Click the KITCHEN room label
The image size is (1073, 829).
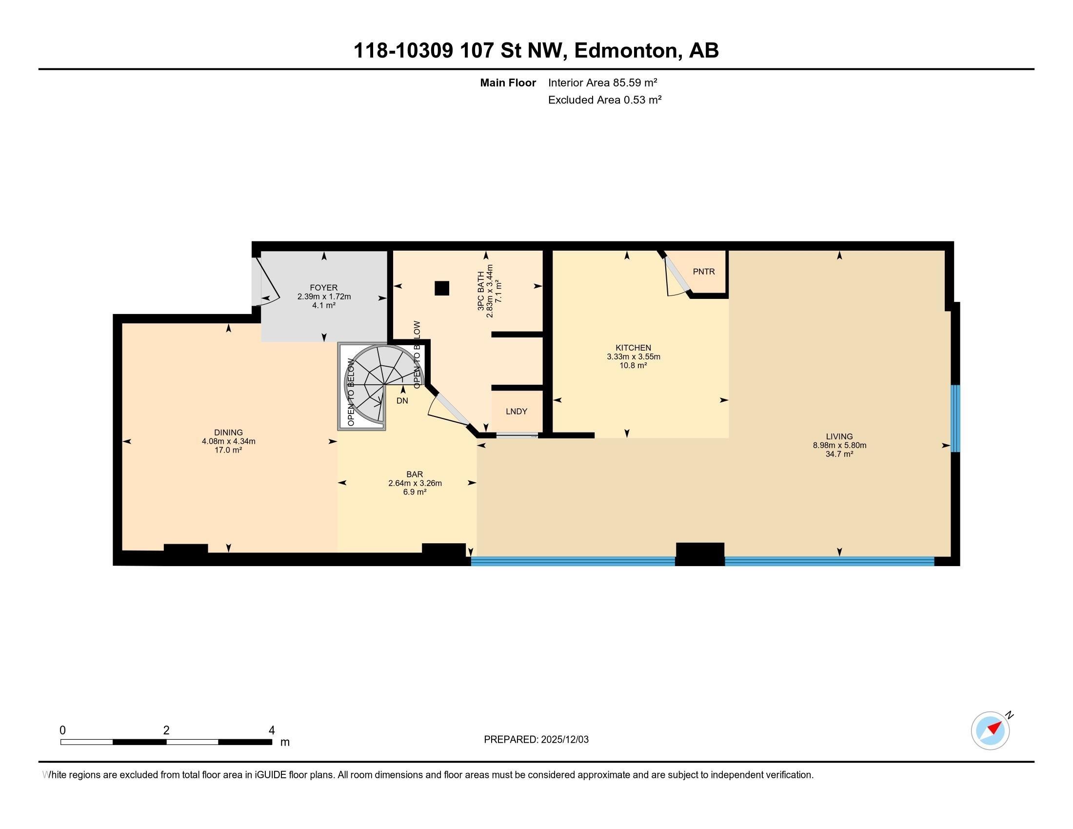(633, 348)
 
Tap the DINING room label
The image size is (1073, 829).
(228, 433)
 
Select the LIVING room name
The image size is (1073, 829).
(839, 436)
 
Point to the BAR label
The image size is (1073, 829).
(415, 474)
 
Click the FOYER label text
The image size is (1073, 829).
(324, 288)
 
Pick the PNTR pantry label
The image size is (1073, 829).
(703, 272)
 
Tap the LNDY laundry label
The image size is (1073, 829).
(517, 412)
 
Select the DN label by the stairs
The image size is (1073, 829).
(402, 401)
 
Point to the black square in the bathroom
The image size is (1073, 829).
(442, 288)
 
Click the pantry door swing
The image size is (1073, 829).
(677, 278)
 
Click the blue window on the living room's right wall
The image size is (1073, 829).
(955, 418)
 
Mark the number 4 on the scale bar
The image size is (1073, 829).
(272, 730)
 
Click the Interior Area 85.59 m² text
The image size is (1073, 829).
(603, 82)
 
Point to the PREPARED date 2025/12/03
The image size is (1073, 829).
(564, 740)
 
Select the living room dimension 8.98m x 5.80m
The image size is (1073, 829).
(839, 445)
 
